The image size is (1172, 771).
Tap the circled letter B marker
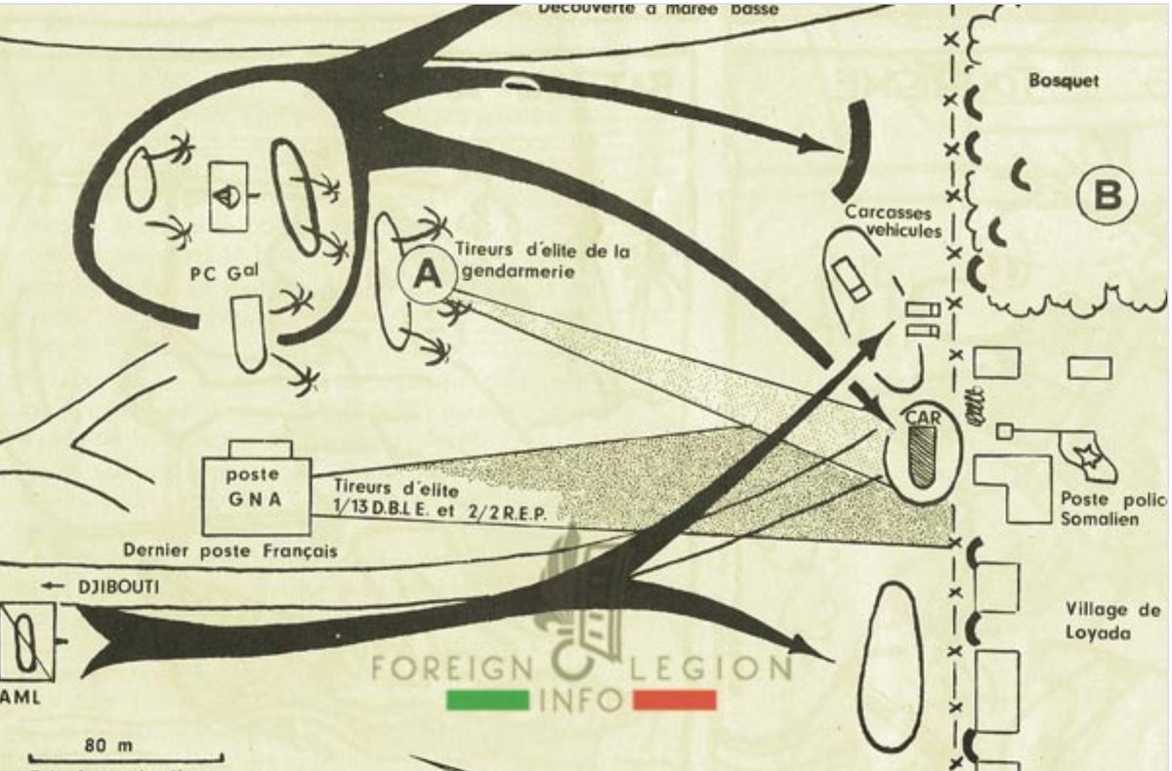click(x=1107, y=197)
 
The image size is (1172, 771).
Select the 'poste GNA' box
click(x=256, y=488)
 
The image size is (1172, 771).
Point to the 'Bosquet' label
click(x=1064, y=81)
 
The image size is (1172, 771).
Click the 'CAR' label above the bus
click(x=923, y=416)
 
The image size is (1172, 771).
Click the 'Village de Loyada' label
click(x=1113, y=621)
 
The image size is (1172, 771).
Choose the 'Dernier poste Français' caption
click(x=230, y=550)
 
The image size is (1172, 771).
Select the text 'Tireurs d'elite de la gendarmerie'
click(x=544, y=260)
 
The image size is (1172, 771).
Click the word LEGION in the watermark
click(x=709, y=669)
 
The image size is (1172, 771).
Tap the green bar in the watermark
click(x=487, y=700)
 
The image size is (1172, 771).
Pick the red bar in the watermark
click(x=674, y=700)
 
